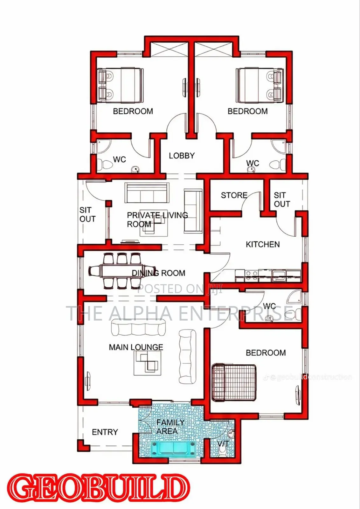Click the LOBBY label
[182, 156]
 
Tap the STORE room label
[234, 195]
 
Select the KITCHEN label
[263, 244]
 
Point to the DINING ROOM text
[159, 273]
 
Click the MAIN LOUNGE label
[136, 347]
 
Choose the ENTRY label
[105, 432]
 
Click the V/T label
[223, 443]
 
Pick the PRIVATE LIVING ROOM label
[157, 220]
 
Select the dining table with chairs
[122, 271]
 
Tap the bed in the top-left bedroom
[120, 85]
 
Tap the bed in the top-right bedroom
[260, 85]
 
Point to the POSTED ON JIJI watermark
[180, 289]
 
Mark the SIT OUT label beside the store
[282, 199]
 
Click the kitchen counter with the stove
[268, 275]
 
